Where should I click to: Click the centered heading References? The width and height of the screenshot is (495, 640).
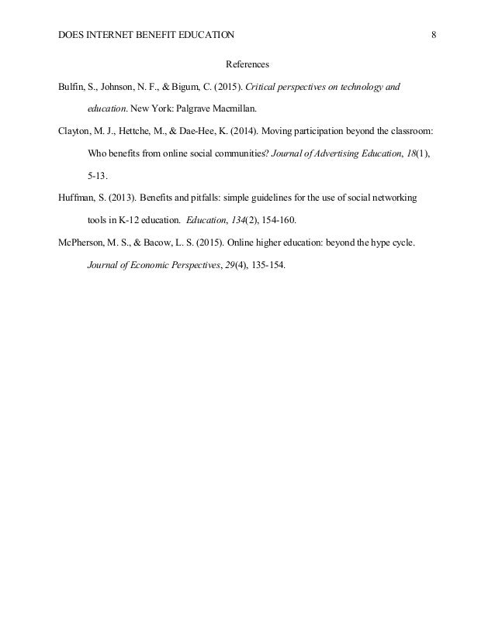(x=247, y=64)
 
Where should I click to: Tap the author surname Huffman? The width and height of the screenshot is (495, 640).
(x=76, y=198)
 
